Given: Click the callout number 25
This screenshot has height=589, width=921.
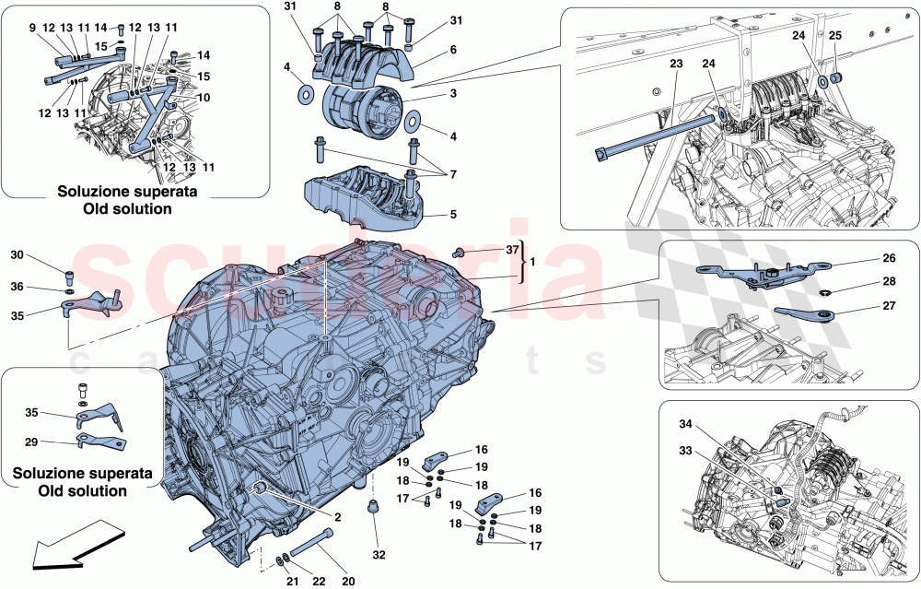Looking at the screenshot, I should click(x=835, y=35).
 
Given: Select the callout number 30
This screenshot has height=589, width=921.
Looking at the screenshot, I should click(x=17, y=254).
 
